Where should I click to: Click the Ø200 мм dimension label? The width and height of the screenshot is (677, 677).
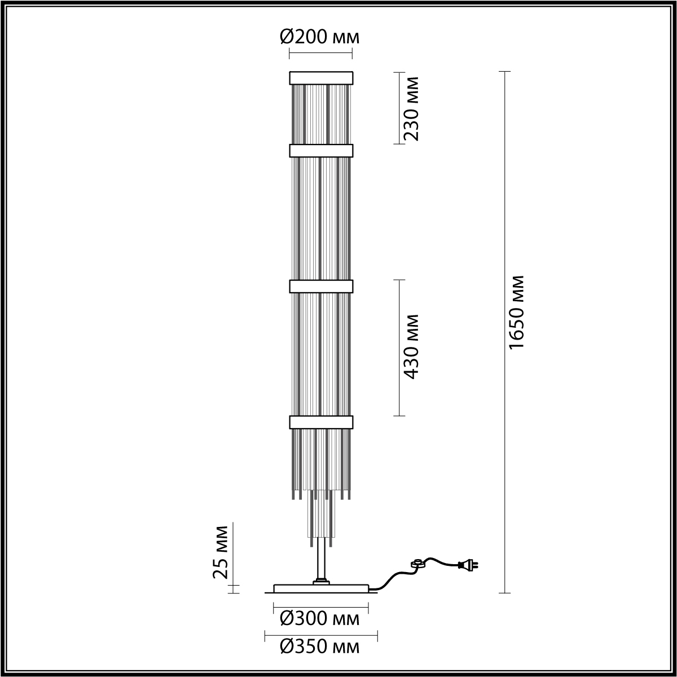[x=320, y=37]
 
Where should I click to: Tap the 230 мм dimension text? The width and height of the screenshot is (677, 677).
[x=410, y=108]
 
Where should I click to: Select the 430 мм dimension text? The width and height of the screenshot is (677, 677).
[x=410, y=347]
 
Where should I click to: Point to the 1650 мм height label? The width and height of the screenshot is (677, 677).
[x=516, y=312]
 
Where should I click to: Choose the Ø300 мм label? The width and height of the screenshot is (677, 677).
[x=320, y=628]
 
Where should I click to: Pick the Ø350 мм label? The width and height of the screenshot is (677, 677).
[x=320, y=656]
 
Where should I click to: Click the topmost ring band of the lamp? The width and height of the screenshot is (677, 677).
[x=321, y=78]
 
